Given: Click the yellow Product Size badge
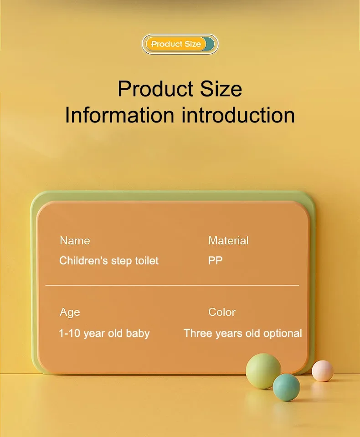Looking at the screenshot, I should [x=176, y=44].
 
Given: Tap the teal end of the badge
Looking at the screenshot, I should [x=209, y=44].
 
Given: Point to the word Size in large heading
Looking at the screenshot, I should [x=217, y=88].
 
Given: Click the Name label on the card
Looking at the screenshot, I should [x=75, y=241].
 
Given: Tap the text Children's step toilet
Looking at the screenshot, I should [x=109, y=261].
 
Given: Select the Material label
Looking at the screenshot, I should [x=228, y=241].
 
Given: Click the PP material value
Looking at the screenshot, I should [x=216, y=261].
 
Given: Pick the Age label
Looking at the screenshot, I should [x=70, y=312].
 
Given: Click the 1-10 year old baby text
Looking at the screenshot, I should [x=104, y=333].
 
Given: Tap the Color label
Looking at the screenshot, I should [x=222, y=312].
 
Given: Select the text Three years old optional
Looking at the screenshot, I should [x=242, y=333].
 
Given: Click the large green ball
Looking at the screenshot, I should [x=263, y=371].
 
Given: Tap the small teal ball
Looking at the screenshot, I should [x=286, y=387].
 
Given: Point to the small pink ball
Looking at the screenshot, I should [x=323, y=371].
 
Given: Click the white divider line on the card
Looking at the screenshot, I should [x=172, y=285].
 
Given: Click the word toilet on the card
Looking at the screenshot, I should [x=147, y=261].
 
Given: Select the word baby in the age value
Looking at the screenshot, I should [x=138, y=333].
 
